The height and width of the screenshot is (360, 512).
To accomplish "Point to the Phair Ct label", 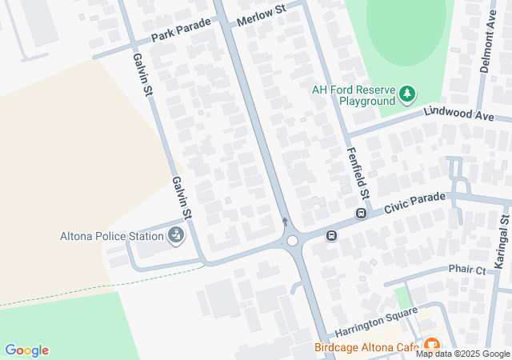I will [x=467, y=270].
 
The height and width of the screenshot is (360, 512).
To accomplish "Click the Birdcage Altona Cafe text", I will [x=367, y=348].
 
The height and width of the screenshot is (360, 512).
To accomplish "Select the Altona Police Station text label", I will [x=111, y=236].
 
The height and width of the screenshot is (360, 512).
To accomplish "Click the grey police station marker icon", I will [x=175, y=235].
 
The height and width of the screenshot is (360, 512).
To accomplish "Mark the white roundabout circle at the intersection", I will [x=293, y=240].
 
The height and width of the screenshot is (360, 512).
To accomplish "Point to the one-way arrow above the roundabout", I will [x=285, y=222].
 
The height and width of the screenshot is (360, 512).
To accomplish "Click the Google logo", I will [x=26, y=350].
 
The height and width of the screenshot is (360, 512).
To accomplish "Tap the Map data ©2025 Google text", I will [x=462, y=354].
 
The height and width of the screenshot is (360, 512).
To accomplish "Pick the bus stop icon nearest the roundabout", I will [x=331, y=236].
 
